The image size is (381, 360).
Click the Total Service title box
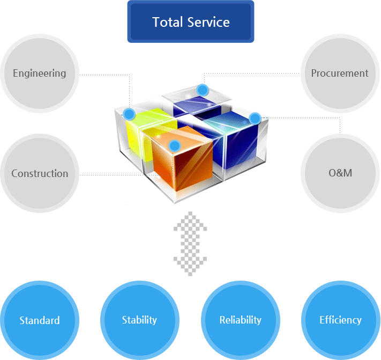point(190,22)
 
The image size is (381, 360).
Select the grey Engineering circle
point(40,74)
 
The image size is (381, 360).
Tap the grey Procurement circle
point(340,74)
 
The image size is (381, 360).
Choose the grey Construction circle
point(40,173)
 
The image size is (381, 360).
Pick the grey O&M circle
point(340,173)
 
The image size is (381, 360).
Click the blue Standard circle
point(40,320)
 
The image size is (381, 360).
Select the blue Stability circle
point(139,320)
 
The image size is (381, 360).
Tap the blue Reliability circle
point(240,320)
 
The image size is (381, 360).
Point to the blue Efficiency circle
point(340,320)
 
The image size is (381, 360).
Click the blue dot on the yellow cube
point(129,114)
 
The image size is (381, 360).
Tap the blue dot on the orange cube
point(174,145)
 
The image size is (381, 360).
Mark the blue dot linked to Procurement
point(201,90)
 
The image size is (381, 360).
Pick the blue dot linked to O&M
point(255,117)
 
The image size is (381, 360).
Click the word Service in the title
point(209,22)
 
